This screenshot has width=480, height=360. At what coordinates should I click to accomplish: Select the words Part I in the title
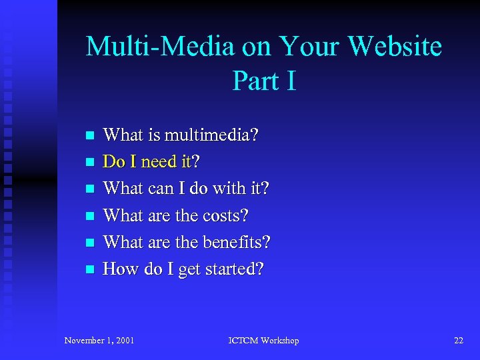pyautogui.click(x=264, y=81)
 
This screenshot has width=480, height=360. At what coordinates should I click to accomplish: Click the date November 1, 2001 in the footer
pyautogui.click(x=99, y=341)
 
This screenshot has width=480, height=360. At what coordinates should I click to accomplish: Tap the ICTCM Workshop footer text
pyautogui.click(x=263, y=341)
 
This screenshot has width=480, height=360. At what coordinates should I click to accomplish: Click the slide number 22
pyautogui.click(x=458, y=341)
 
